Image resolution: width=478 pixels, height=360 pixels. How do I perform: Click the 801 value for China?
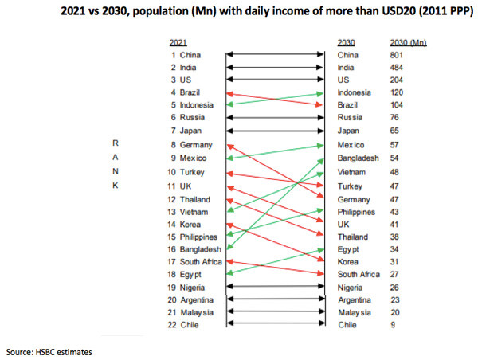click(398, 55)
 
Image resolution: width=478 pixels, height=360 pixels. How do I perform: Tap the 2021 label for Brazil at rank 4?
click(190, 93)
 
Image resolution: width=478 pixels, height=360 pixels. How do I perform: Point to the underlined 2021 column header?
click(180, 41)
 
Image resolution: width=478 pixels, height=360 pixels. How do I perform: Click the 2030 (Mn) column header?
click(409, 41)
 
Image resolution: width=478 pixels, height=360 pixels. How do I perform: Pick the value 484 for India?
click(398, 68)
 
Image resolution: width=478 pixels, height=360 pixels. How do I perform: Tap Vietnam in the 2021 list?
click(194, 211)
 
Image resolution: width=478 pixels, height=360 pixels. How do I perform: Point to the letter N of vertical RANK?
click(116, 171)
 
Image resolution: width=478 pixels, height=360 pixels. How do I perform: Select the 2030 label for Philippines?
click(357, 211)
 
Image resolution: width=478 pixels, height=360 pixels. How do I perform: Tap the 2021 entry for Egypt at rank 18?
click(190, 275)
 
